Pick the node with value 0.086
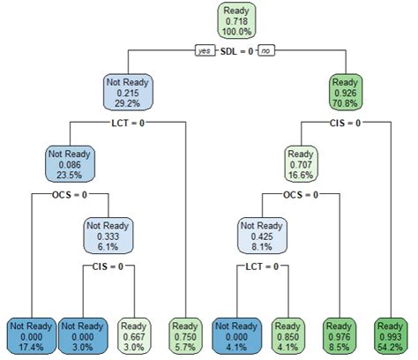tap(71, 163)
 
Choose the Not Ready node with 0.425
tap(262, 234)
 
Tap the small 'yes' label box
tap(205, 51)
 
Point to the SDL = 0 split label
tap(236, 51)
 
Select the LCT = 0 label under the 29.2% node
tap(129, 123)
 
